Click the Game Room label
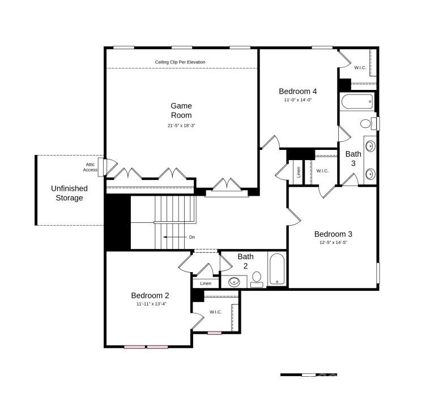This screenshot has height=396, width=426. point(181,110)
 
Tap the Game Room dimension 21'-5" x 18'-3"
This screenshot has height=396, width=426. point(181,126)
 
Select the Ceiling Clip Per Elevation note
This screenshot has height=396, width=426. point(180,62)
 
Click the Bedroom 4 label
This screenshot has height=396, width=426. point(297,91)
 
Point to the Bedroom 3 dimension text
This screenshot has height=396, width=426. point(333,243)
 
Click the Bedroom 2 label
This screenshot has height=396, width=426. point(150,295)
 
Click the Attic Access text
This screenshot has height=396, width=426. point(90,167)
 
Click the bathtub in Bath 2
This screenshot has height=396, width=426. point(277,269)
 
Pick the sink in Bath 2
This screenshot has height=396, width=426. point(234,281)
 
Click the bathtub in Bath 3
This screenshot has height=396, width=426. point(357,102)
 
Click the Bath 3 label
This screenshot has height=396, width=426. point(353,158)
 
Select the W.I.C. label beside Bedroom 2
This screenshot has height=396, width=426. point(215,312)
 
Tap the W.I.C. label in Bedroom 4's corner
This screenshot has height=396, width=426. point(360,68)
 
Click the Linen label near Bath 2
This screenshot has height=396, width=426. point(206,283)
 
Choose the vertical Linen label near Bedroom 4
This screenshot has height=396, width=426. point(298,172)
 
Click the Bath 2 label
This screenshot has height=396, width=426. point(245,261)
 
